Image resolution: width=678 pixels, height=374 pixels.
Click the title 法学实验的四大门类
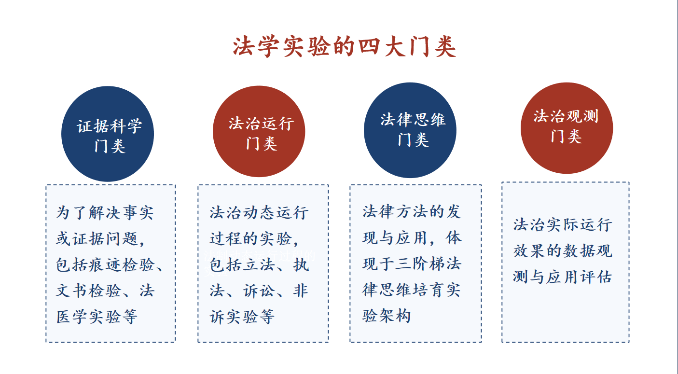tap(345, 46)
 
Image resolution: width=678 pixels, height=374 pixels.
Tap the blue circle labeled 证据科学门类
tap(108, 134)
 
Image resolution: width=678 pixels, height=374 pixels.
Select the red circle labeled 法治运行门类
tap(259, 131)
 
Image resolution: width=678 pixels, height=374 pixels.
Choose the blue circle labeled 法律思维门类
tap(410, 130)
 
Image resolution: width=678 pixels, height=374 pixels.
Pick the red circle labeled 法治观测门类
tap(567, 128)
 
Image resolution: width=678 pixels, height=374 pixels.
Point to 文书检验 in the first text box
tap(88, 291)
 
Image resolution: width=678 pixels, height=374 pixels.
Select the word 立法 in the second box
tap(259, 265)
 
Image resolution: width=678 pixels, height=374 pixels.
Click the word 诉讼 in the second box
tap(259, 291)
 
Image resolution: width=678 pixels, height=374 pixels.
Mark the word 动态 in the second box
tap(259, 212)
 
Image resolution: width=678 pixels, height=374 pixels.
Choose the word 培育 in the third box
tap(428, 290)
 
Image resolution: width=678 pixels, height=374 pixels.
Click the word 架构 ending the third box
tap(395, 316)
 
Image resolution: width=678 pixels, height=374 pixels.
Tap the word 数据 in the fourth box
tap(579, 251)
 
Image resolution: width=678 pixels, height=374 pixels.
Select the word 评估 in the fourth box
tap(595, 277)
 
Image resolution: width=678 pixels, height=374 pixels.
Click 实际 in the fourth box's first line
tap(562, 225)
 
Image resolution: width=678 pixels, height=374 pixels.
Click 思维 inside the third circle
tap(429, 120)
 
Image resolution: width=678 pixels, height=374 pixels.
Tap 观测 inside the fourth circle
tap(582, 116)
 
